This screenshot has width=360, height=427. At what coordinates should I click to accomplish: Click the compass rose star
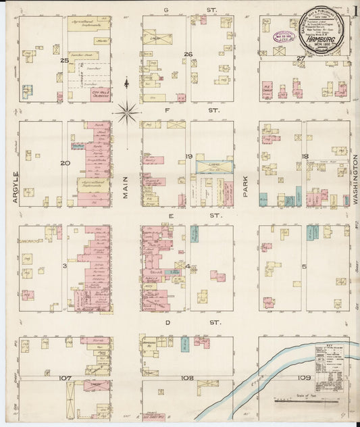(x=127, y=111)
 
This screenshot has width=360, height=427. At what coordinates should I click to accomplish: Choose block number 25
(x=65, y=61)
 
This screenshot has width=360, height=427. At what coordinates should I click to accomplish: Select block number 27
(x=301, y=59)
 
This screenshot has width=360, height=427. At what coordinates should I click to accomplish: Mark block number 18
(x=305, y=156)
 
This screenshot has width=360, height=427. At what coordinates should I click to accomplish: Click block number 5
(x=304, y=266)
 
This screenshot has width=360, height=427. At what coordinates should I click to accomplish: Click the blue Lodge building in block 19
(x=210, y=166)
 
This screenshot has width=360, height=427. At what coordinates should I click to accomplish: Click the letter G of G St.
(x=165, y=10)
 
